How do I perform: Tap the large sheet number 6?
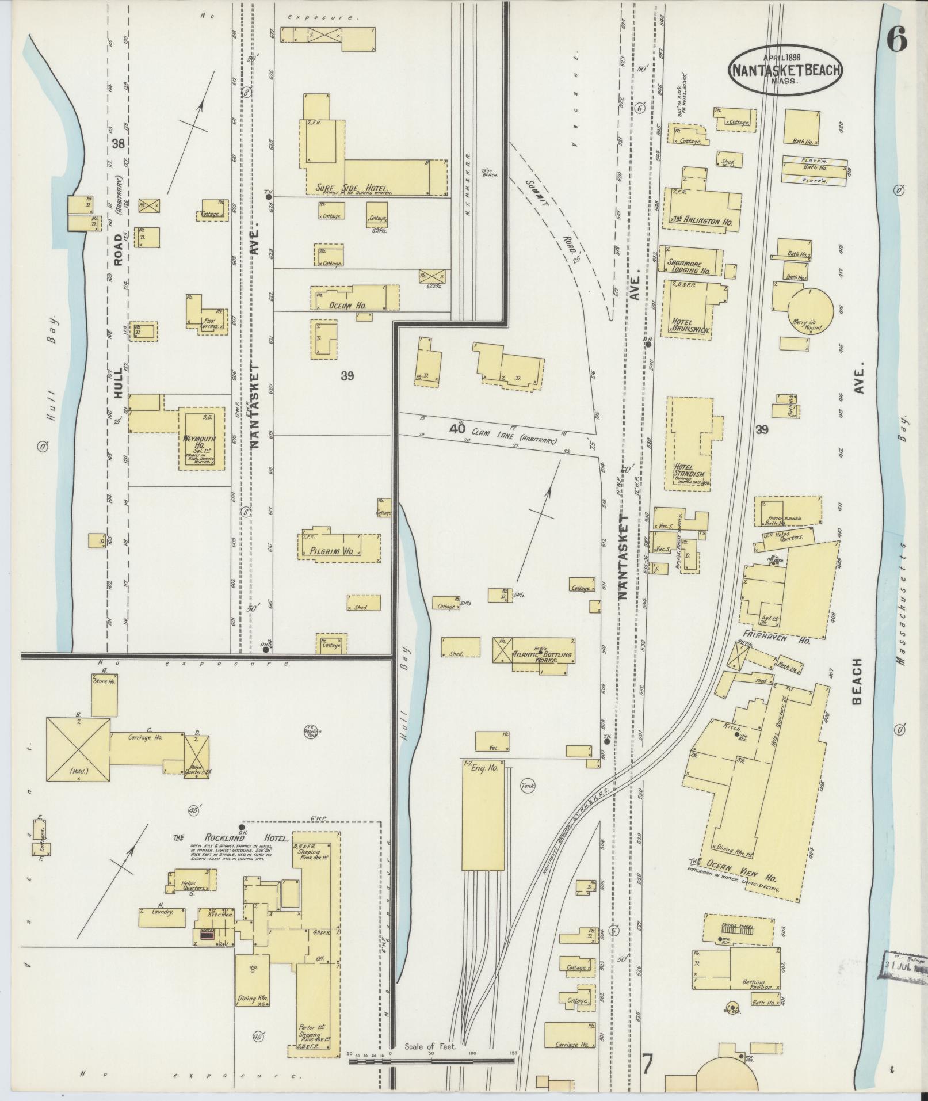point(896,39)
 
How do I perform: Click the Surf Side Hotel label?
point(353,188)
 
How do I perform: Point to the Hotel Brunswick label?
point(690,326)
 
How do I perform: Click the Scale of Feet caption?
point(430,1046)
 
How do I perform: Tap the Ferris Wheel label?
point(739,927)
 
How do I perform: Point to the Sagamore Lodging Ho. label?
point(689,266)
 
